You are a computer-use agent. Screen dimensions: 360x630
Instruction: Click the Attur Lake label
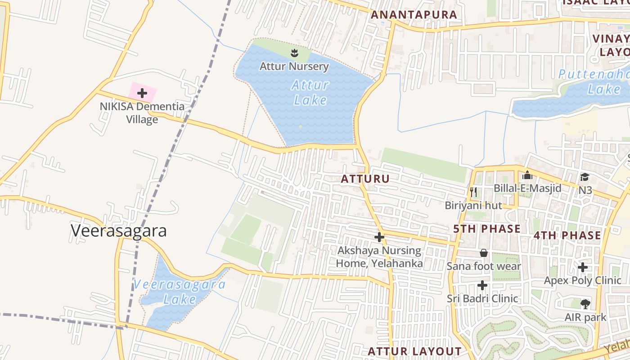click(310, 92)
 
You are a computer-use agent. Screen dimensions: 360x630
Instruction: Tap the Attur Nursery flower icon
click(294, 53)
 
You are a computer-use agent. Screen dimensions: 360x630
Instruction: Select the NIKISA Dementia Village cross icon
click(142, 93)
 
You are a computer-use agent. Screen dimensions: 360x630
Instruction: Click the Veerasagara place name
click(118, 230)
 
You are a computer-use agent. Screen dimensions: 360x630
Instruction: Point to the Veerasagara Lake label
click(180, 292)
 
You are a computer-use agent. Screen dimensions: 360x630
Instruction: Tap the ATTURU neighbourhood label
click(365, 179)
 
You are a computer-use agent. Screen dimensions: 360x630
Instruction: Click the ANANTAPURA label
click(414, 14)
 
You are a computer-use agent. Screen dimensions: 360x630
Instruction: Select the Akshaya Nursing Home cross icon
click(379, 237)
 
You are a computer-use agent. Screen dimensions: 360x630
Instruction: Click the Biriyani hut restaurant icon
click(473, 192)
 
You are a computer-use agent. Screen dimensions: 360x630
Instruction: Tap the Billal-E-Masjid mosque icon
click(527, 175)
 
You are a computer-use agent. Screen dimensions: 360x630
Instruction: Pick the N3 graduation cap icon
click(585, 177)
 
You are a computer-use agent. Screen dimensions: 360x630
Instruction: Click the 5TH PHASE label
click(486, 229)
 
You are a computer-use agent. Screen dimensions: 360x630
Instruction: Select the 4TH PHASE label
click(567, 235)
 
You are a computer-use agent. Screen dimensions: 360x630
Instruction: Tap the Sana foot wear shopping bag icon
click(484, 253)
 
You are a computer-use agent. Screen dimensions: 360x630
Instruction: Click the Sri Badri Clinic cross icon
click(482, 285)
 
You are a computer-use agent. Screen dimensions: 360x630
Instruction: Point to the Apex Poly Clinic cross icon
click(583, 267)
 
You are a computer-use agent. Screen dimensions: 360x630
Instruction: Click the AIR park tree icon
click(585, 304)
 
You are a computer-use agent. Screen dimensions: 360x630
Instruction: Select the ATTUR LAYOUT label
click(414, 351)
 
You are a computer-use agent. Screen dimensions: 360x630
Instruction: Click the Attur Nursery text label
click(294, 67)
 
